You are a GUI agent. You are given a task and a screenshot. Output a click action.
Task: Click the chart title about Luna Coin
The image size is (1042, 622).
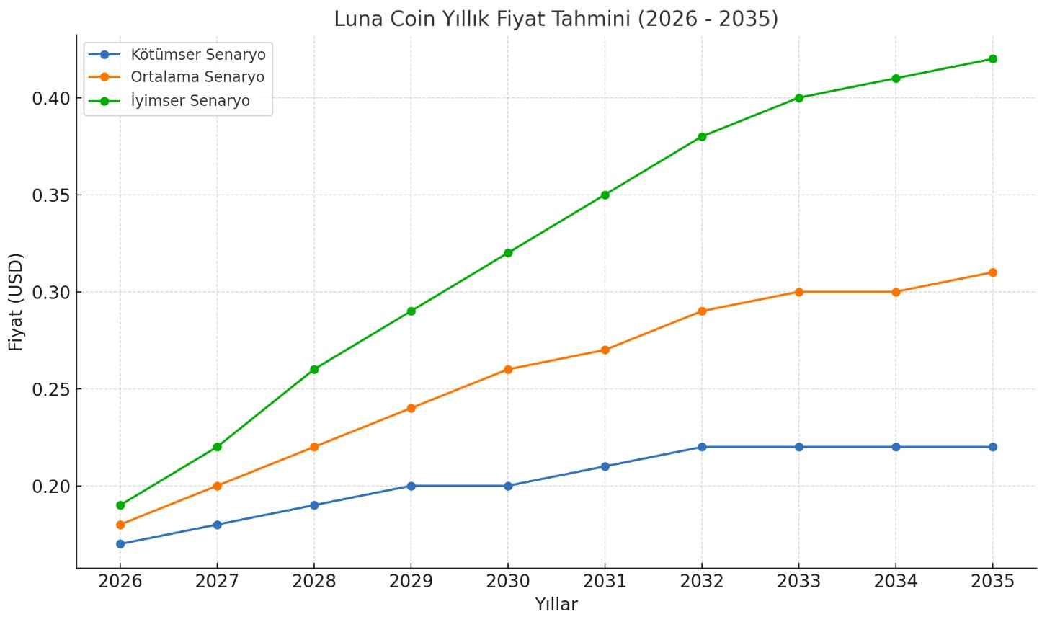point(556,19)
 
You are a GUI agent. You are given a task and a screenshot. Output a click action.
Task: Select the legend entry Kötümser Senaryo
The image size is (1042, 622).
point(197,55)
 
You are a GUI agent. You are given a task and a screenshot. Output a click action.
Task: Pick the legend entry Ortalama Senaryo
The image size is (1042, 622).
point(197,77)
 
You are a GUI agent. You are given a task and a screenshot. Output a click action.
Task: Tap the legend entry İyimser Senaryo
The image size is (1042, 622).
point(190,101)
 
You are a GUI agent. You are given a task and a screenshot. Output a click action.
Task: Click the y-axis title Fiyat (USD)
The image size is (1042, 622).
point(16,301)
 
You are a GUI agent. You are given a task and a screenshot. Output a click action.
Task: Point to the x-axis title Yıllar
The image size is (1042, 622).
point(556,605)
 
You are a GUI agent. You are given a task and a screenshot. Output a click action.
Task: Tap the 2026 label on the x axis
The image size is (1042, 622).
point(120,582)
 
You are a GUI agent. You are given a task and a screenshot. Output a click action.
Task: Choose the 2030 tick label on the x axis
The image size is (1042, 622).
point(508,582)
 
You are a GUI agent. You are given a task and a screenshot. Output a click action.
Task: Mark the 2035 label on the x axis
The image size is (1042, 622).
point(992,582)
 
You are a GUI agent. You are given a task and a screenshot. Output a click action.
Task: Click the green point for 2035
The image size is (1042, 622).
point(992,59)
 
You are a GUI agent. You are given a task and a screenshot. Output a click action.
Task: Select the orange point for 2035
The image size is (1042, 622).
point(992,272)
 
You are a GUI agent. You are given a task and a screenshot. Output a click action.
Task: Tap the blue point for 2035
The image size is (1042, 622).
point(992,447)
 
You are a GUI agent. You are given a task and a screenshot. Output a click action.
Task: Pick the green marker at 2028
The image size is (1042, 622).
point(314,369)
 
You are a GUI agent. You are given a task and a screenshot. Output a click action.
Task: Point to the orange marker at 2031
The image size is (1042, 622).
point(605,350)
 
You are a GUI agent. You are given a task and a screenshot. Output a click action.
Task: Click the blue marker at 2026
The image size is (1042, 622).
point(120,544)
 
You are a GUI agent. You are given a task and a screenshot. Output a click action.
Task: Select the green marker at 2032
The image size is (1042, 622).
point(702,137)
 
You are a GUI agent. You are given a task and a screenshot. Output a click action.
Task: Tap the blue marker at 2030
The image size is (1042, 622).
point(508,486)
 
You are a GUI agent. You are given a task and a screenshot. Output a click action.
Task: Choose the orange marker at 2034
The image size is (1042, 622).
point(896,292)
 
